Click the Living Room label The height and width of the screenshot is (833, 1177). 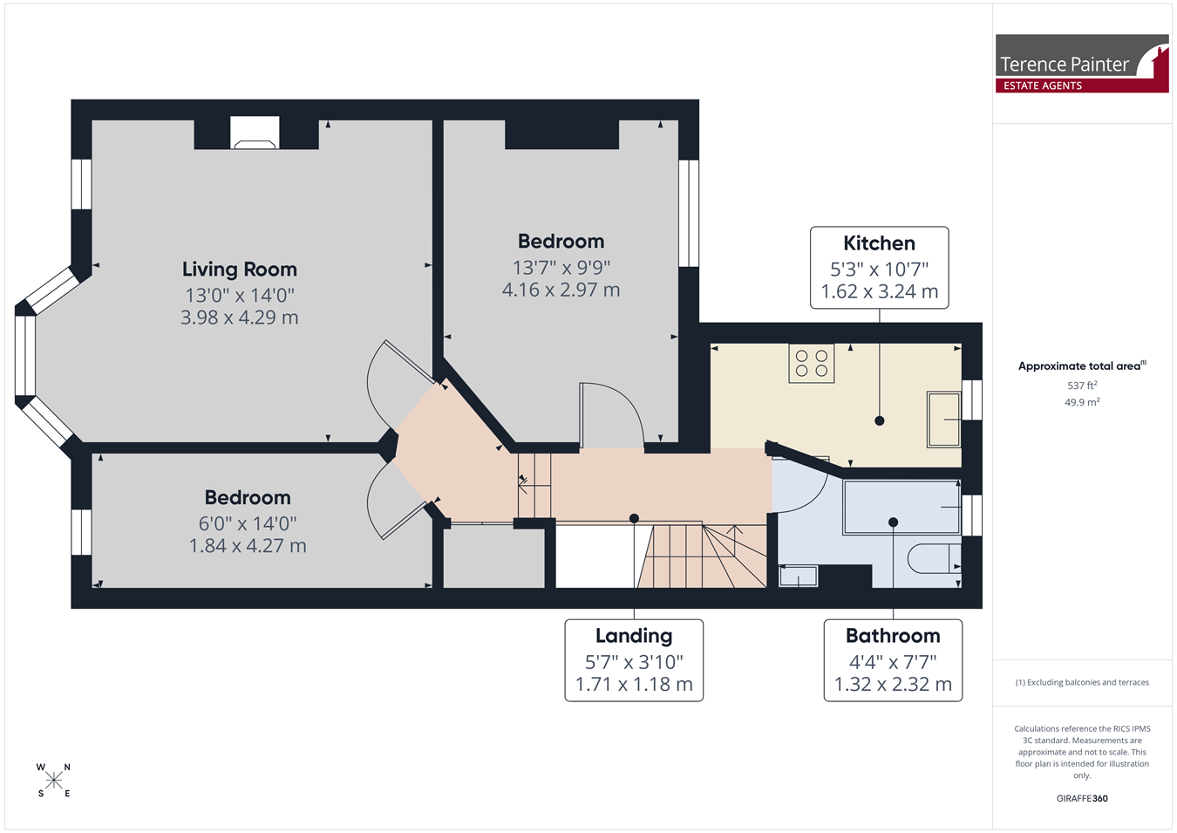pos(240,269)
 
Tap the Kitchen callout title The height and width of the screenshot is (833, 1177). pos(879,243)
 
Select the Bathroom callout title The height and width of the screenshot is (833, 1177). pos(893,636)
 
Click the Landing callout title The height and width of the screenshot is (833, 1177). pos(634,636)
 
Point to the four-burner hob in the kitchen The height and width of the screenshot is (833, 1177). pos(812,363)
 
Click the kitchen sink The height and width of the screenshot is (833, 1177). pos(943,419)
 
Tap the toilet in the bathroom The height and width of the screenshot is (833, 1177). pos(935,558)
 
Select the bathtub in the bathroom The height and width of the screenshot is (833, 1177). pos(901,507)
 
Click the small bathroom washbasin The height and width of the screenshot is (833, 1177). pos(798,576)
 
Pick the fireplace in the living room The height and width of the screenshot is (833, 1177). pos(255,133)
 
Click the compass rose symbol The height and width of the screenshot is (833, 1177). pos(53,781)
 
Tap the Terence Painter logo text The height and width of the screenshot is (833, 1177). pos(1064,65)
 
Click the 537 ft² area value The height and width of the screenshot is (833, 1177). pos(1082,386)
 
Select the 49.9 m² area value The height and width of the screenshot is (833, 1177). pos(1082,402)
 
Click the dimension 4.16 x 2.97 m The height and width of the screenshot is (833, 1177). pos(561,290)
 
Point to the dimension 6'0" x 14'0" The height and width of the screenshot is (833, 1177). pos(248,523)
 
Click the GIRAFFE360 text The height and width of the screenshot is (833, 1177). pos(1082,798)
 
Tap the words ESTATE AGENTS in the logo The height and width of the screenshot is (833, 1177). pos(1043,85)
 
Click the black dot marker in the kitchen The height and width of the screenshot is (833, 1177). pos(880,420)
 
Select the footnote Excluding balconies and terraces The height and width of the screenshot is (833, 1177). pos(1082,682)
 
